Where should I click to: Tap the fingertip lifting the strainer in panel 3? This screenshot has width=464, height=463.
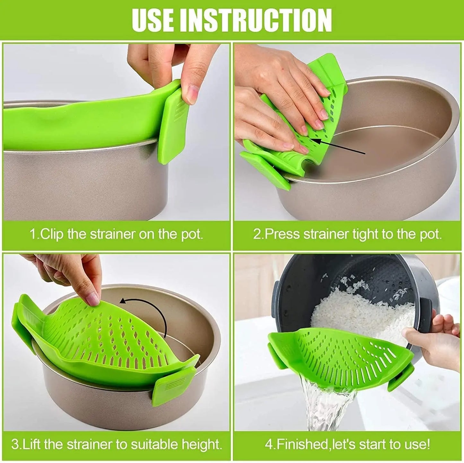93,299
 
